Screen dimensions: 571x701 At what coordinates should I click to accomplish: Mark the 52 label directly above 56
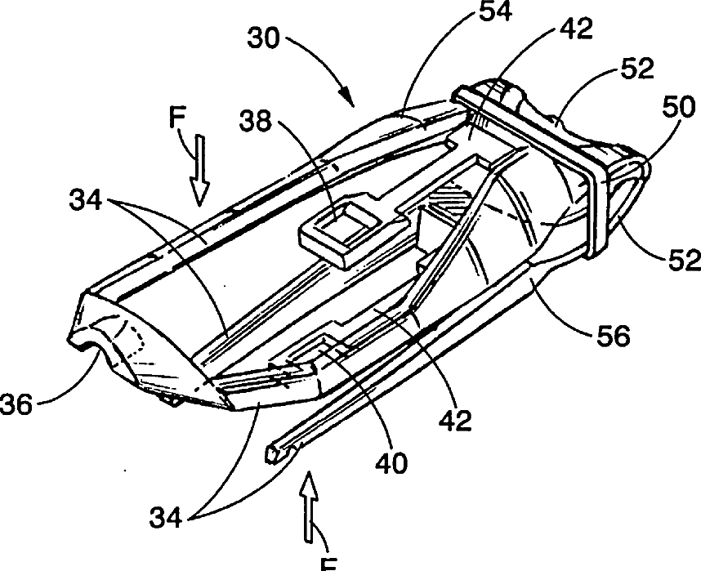click(x=681, y=260)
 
